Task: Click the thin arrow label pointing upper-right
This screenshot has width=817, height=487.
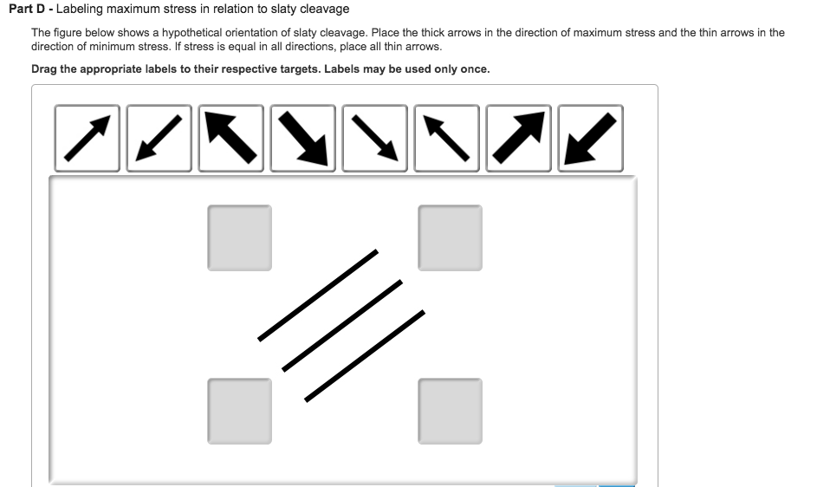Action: [x=87, y=139]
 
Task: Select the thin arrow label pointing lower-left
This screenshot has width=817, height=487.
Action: [x=159, y=139]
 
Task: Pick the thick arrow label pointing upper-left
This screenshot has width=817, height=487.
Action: [x=230, y=139]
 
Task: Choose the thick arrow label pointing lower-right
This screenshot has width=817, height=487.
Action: [x=302, y=139]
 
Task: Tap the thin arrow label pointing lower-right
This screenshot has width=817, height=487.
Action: [x=374, y=139]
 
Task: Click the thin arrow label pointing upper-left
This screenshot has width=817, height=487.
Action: [x=446, y=139]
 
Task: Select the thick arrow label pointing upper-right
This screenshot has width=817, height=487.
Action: [x=518, y=139]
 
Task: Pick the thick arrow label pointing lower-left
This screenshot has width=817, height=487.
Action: [x=590, y=139]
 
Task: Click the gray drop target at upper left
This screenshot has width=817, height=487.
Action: [x=239, y=237]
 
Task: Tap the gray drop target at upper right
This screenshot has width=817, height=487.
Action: [x=450, y=237]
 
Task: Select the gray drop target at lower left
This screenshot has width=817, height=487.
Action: [x=239, y=411]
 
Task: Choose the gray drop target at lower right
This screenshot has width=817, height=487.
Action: [x=450, y=411]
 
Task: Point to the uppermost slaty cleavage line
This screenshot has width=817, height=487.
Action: [x=318, y=295]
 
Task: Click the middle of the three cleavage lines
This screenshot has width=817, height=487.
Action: [x=342, y=325]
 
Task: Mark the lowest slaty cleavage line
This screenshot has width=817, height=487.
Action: [x=365, y=355]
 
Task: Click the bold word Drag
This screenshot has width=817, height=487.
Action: [x=46, y=69]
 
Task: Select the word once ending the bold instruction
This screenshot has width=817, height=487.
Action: [x=473, y=69]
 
